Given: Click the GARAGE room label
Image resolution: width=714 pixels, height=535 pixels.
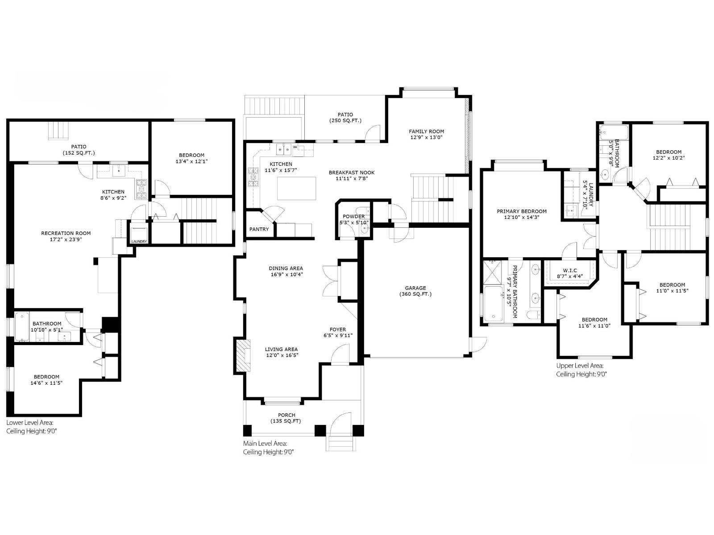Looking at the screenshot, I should (x=415, y=288).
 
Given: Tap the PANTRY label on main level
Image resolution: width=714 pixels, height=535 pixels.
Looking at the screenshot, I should (x=259, y=229).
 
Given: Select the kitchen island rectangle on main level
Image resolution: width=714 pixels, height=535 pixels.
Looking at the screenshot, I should (x=296, y=188).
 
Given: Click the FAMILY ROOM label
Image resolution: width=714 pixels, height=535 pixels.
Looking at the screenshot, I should (x=426, y=131).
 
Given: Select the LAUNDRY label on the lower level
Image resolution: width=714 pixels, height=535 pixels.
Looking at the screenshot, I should (x=139, y=242).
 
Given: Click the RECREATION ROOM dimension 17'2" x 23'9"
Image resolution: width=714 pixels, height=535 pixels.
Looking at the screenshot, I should (x=66, y=239).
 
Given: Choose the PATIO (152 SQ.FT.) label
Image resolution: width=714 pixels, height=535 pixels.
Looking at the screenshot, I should (x=79, y=146).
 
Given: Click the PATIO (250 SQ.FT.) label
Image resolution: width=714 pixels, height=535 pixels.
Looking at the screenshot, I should (x=345, y=115).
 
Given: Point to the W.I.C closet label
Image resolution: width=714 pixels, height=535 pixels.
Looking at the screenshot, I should (x=569, y=270).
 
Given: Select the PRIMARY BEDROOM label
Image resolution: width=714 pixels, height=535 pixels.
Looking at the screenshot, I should (x=521, y=211).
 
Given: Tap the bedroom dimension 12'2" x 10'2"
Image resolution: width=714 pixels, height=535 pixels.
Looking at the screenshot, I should (x=668, y=158).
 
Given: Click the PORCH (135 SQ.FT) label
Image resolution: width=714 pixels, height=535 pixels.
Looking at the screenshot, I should (x=286, y=415).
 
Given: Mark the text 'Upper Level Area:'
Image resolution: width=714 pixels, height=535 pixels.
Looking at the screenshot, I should (x=579, y=366).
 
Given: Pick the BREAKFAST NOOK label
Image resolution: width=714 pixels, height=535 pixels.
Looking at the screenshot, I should (x=352, y=173).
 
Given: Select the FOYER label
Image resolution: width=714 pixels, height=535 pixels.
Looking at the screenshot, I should (x=338, y=329).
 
